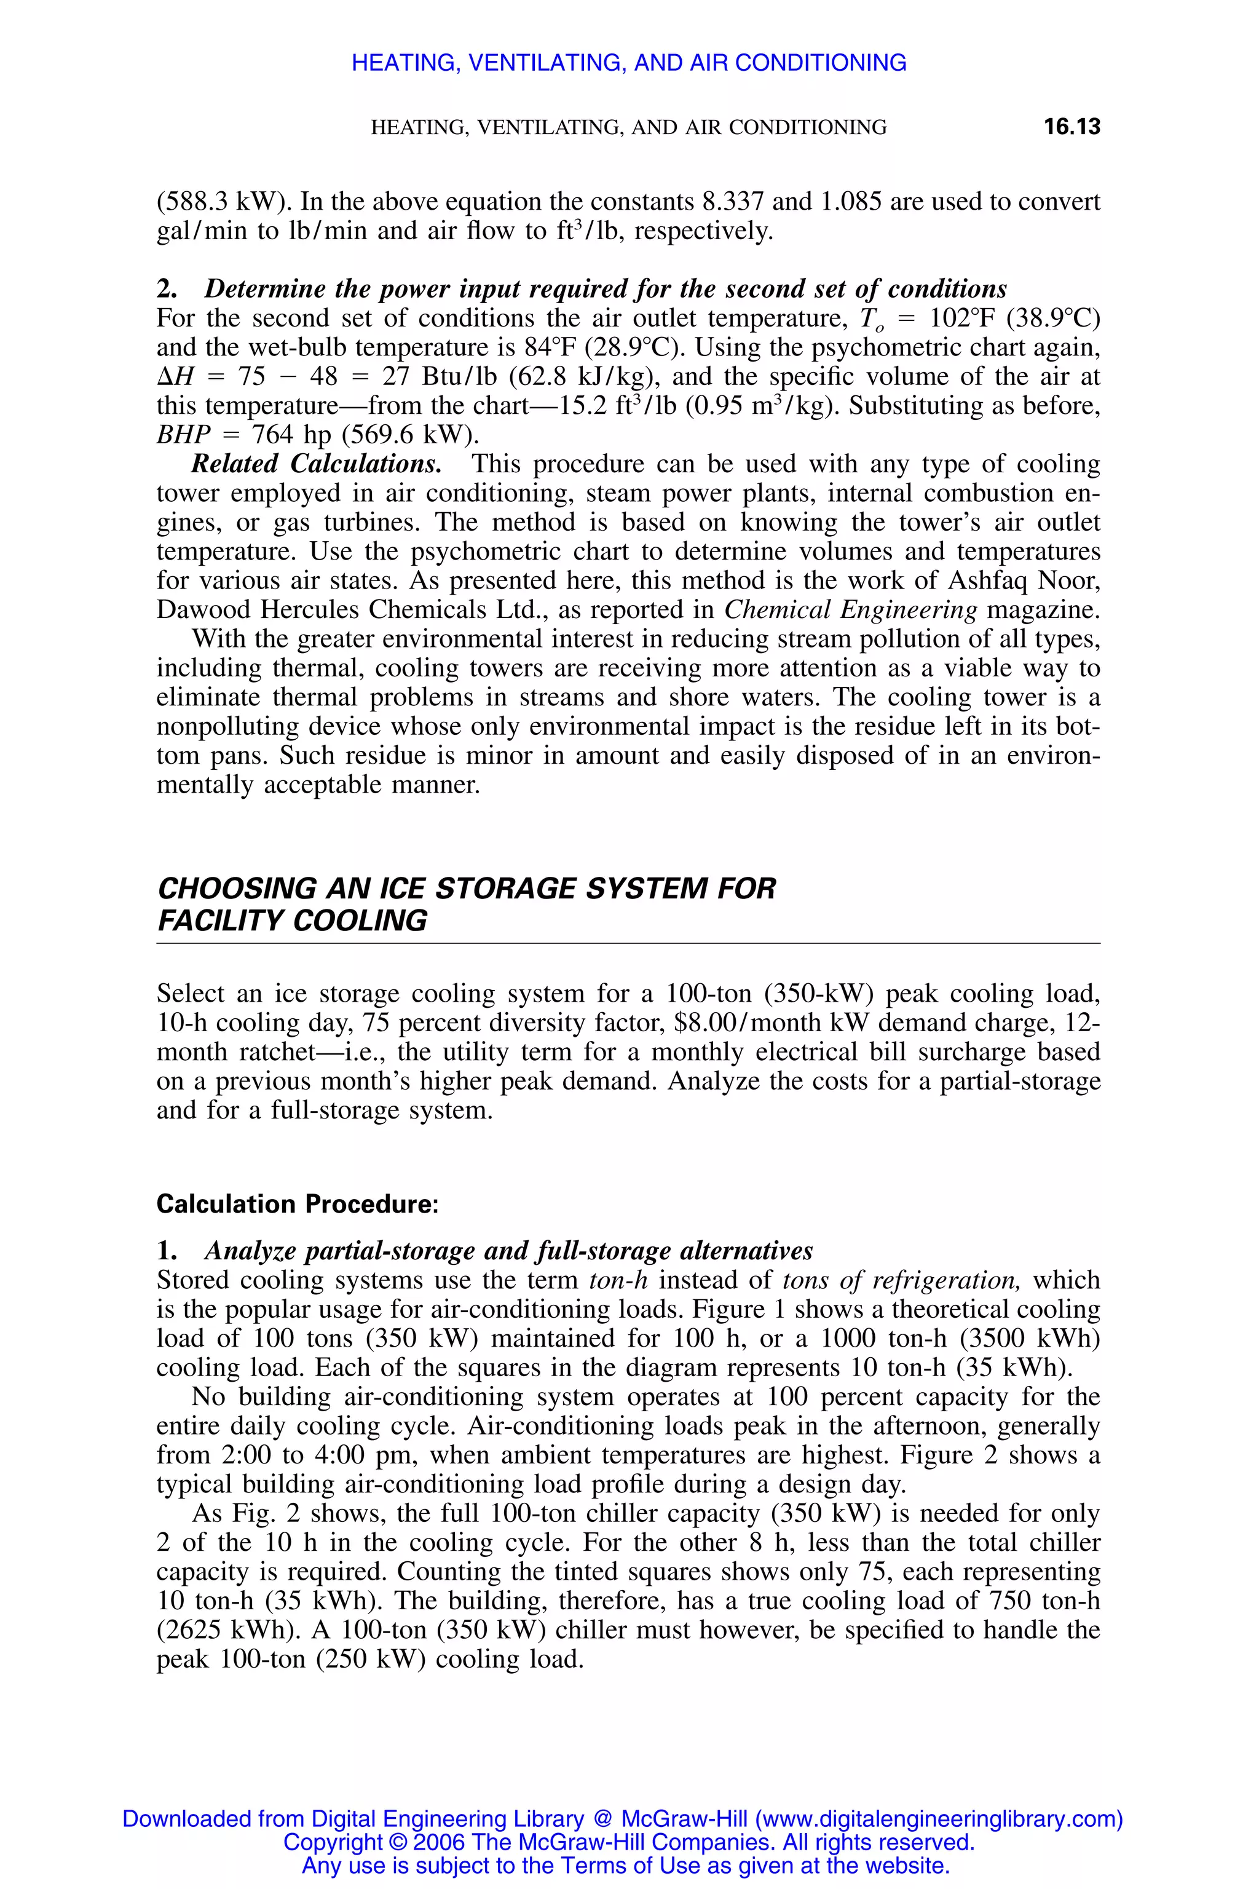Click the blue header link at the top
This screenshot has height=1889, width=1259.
click(x=629, y=63)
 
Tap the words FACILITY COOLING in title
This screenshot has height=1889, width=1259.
click(x=292, y=921)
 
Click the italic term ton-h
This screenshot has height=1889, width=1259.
click(x=618, y=1280)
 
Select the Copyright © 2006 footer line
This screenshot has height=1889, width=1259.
click(x=629, y=1842)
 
